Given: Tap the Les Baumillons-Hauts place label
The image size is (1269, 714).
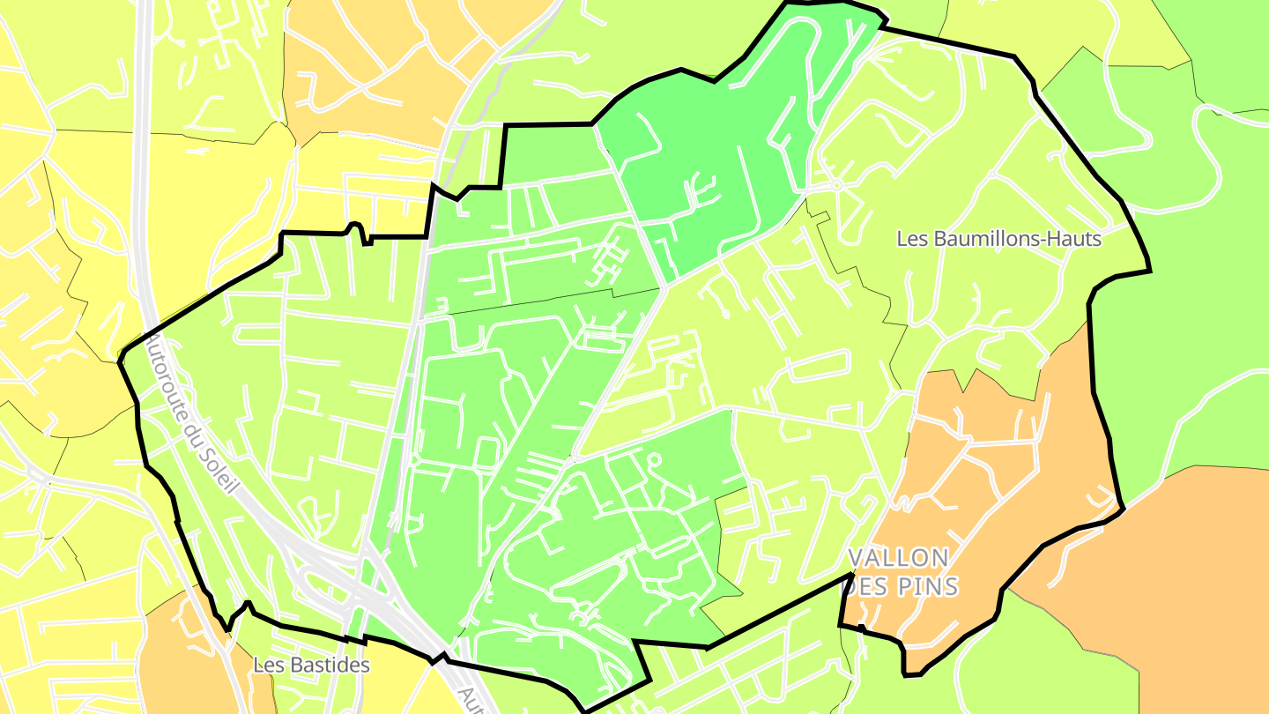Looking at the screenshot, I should [998, 239].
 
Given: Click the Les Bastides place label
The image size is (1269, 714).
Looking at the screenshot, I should [311, 665].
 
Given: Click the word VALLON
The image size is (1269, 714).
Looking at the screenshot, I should [898, 558].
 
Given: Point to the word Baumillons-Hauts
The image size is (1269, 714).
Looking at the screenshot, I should [1016, 239].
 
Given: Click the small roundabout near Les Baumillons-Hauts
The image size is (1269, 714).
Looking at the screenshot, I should [835, 186].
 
